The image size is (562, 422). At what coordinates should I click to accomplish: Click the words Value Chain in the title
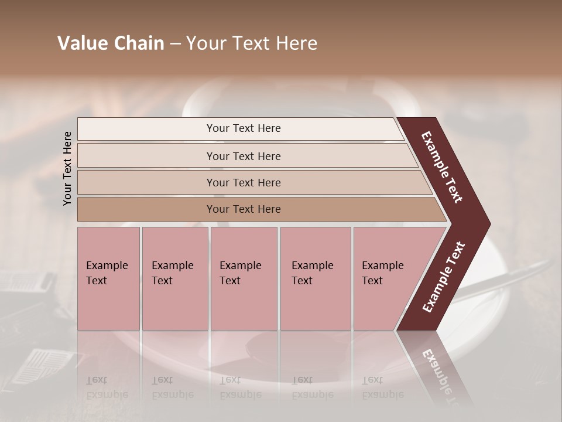(x=111, y=43)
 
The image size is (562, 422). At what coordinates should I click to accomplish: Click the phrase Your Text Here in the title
(x=252, y=43)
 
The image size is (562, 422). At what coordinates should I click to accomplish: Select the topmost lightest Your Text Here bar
(x=243, y=128)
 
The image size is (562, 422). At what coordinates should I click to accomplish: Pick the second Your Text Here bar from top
(x=243, y=156)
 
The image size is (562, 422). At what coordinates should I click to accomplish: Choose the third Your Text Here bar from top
(x=243, y=182)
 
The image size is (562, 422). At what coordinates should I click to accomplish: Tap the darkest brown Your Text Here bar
(x=243, y=209)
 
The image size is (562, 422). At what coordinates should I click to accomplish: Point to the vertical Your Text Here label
(x=68, y=168)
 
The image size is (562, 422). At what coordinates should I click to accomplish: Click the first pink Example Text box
(x=109, y=278)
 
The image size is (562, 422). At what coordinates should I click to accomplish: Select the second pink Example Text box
(x=174, y=278)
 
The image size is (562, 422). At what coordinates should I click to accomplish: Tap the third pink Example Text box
(x=244, y=278)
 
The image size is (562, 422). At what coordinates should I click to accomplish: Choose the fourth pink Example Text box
(x=316, y=278)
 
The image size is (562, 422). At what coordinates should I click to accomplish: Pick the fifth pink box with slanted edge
(x=386, y=278)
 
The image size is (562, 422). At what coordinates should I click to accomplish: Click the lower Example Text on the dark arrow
(x=443, y=277)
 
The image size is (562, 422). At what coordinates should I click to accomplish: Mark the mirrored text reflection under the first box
(x=107, y=387)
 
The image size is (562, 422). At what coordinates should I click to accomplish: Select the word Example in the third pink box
(x=240, y=266)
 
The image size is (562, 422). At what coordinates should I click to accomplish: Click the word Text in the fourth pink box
(x=302, y=280)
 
